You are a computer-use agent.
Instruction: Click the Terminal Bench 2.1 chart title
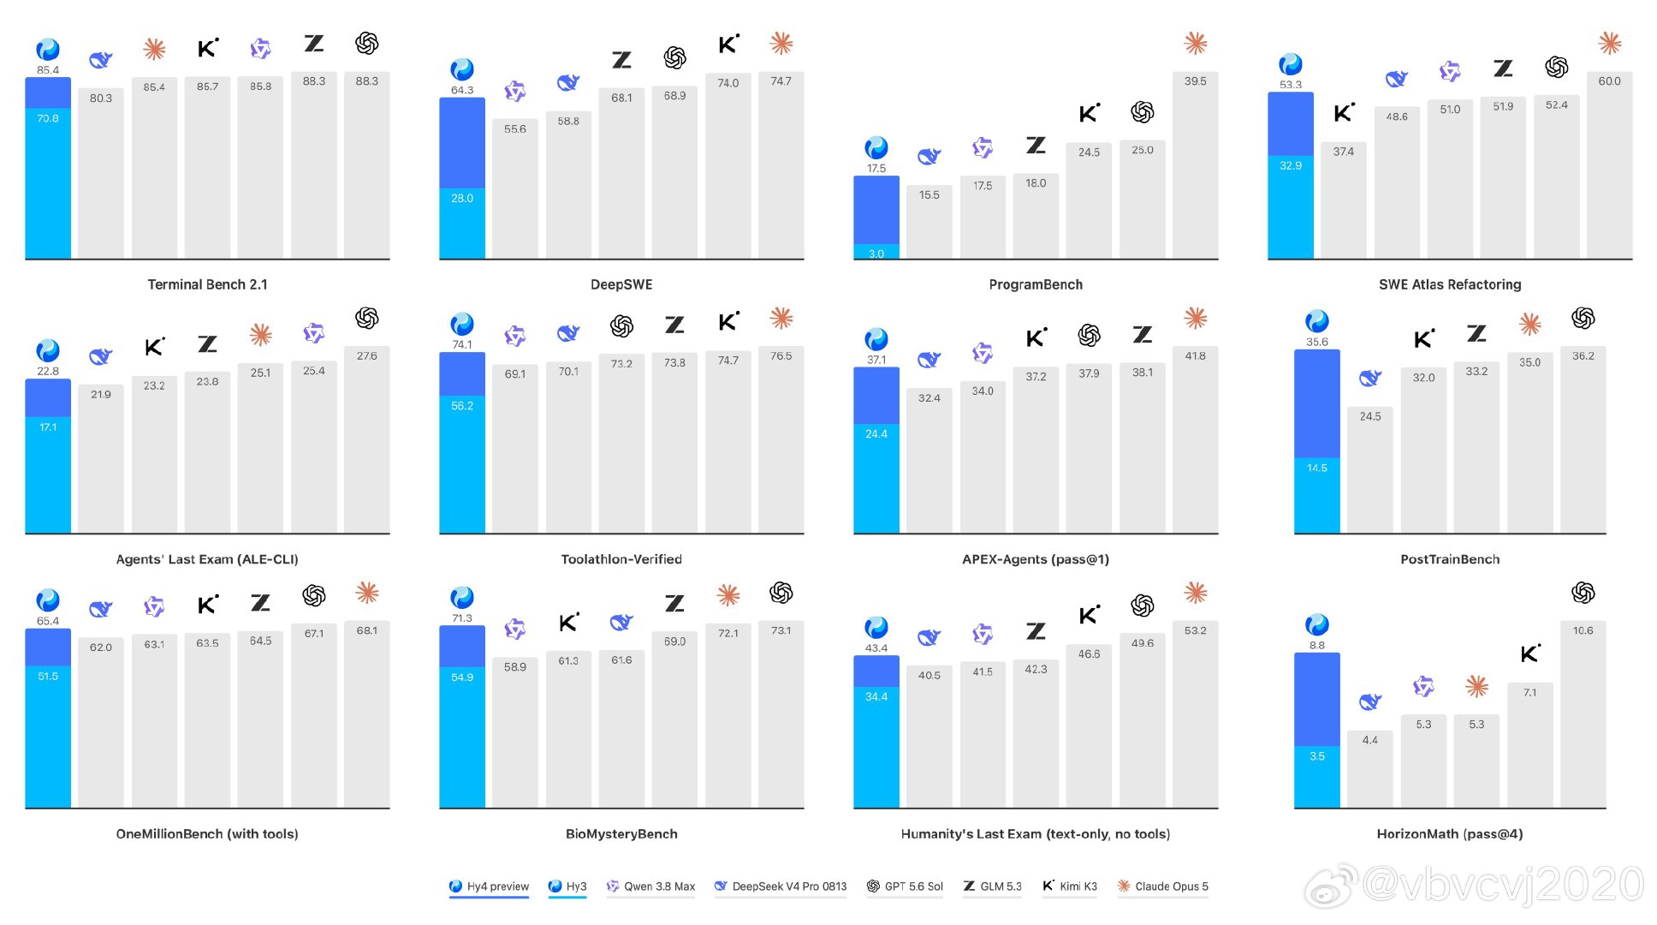pyautogui.click(x=207, y=284)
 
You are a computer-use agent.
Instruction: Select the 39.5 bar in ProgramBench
pyautogui.click(x=1195, y=164)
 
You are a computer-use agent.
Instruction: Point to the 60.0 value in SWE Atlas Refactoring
pyautogui.click(x=1609, y=81)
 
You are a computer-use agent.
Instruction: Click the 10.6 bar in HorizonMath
pyautogui.click(x=1583, y=713)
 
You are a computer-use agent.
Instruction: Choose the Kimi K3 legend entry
pyautogui.click(x=1069, y=886)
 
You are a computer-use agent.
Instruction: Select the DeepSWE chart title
pyautogui.click(x=621, y=284)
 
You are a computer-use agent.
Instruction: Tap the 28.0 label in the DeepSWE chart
pyautogui.click(x=462, y=198)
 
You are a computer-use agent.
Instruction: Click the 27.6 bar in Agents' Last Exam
pyautogui.click(x=366, y=439)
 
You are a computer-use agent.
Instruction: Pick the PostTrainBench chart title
pyautogui.click(x=1450, y=559)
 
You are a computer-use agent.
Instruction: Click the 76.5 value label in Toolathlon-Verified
pyautogui.click(x=781, y=356)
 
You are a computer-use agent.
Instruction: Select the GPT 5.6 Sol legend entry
pyautogui.click(x=905, y=886)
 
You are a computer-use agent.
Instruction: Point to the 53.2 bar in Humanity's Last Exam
pyautogui.click(x=1195, y=713)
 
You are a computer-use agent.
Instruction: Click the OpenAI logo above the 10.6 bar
pyautogui.click(x=1583, y=593)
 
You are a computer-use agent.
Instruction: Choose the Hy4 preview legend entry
pyautogui.click(x=489, y=886)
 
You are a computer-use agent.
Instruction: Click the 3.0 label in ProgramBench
pyautogui.click(x=876, y=254)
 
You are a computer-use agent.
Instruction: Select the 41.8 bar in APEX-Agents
pyautogui.click(x=1195, y=439)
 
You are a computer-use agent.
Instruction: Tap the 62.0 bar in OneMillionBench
pyautogui.click(x=100, y=722)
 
